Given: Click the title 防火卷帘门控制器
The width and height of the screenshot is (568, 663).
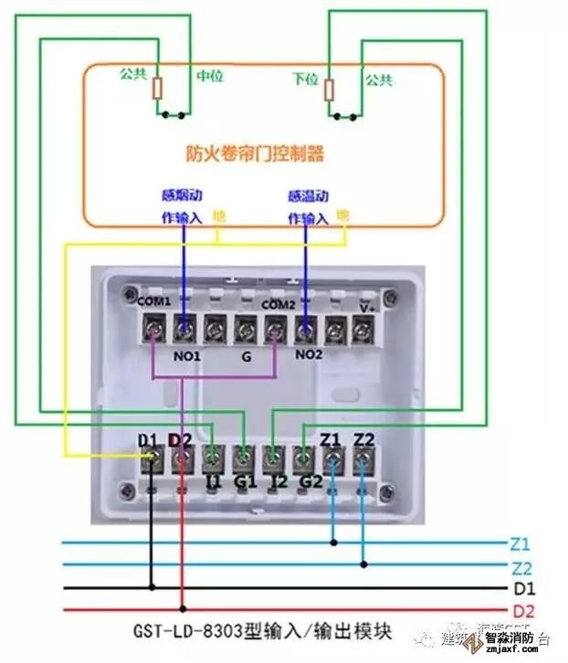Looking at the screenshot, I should (255, 153).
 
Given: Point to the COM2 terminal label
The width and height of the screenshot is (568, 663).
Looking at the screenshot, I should (278, 303).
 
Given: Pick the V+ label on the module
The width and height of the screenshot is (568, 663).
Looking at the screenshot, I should (367, 308).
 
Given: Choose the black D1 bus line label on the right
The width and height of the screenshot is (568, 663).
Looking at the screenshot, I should (523, 588).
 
